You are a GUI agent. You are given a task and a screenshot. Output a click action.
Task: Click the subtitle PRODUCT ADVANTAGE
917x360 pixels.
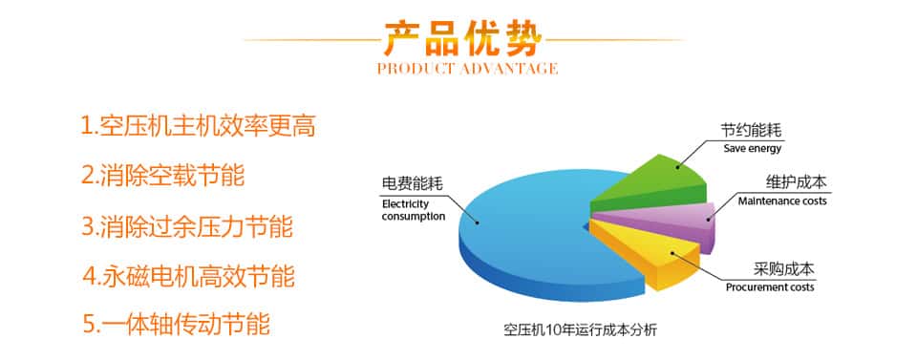pos(467,69)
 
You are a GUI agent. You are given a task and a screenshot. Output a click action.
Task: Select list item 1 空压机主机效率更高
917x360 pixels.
pos(198,126)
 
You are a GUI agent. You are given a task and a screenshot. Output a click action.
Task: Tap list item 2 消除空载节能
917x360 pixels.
pos(162,176)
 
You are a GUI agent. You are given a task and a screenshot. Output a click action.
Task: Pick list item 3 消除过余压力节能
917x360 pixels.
pos(187,226)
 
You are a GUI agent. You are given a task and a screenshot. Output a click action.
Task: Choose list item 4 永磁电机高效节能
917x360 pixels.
pos(188,276)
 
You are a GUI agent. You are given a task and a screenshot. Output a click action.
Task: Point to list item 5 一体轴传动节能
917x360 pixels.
pos(176,324)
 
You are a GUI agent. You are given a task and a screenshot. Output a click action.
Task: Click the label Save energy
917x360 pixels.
pos(753,148)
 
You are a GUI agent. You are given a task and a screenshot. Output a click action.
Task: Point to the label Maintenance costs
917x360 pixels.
pos(782,201)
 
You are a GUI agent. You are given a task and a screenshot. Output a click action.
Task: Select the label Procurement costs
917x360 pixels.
pos(770,287)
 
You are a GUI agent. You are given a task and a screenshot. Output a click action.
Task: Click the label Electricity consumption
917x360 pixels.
pos(414,210)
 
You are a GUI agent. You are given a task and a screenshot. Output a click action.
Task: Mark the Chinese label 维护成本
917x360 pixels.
pos(797,182)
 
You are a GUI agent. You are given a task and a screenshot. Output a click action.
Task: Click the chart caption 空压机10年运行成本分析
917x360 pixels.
pos(581,330)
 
